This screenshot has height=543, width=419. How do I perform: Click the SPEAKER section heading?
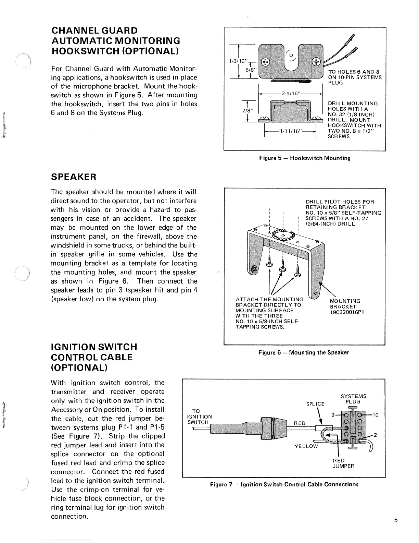73,177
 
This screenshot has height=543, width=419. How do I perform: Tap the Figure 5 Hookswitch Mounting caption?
305,158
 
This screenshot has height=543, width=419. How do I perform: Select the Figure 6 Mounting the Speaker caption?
304,352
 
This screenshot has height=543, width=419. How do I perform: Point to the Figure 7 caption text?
284,484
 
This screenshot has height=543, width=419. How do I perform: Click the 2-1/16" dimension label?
290,93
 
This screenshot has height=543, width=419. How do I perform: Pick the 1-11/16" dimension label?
290,131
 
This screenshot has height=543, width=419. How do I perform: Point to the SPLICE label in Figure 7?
315,404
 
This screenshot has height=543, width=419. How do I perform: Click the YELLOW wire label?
306,446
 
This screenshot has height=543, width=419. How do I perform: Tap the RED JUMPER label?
344,463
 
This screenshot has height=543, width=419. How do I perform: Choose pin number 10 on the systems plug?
376,415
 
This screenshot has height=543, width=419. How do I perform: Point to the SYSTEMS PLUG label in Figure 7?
353,399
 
